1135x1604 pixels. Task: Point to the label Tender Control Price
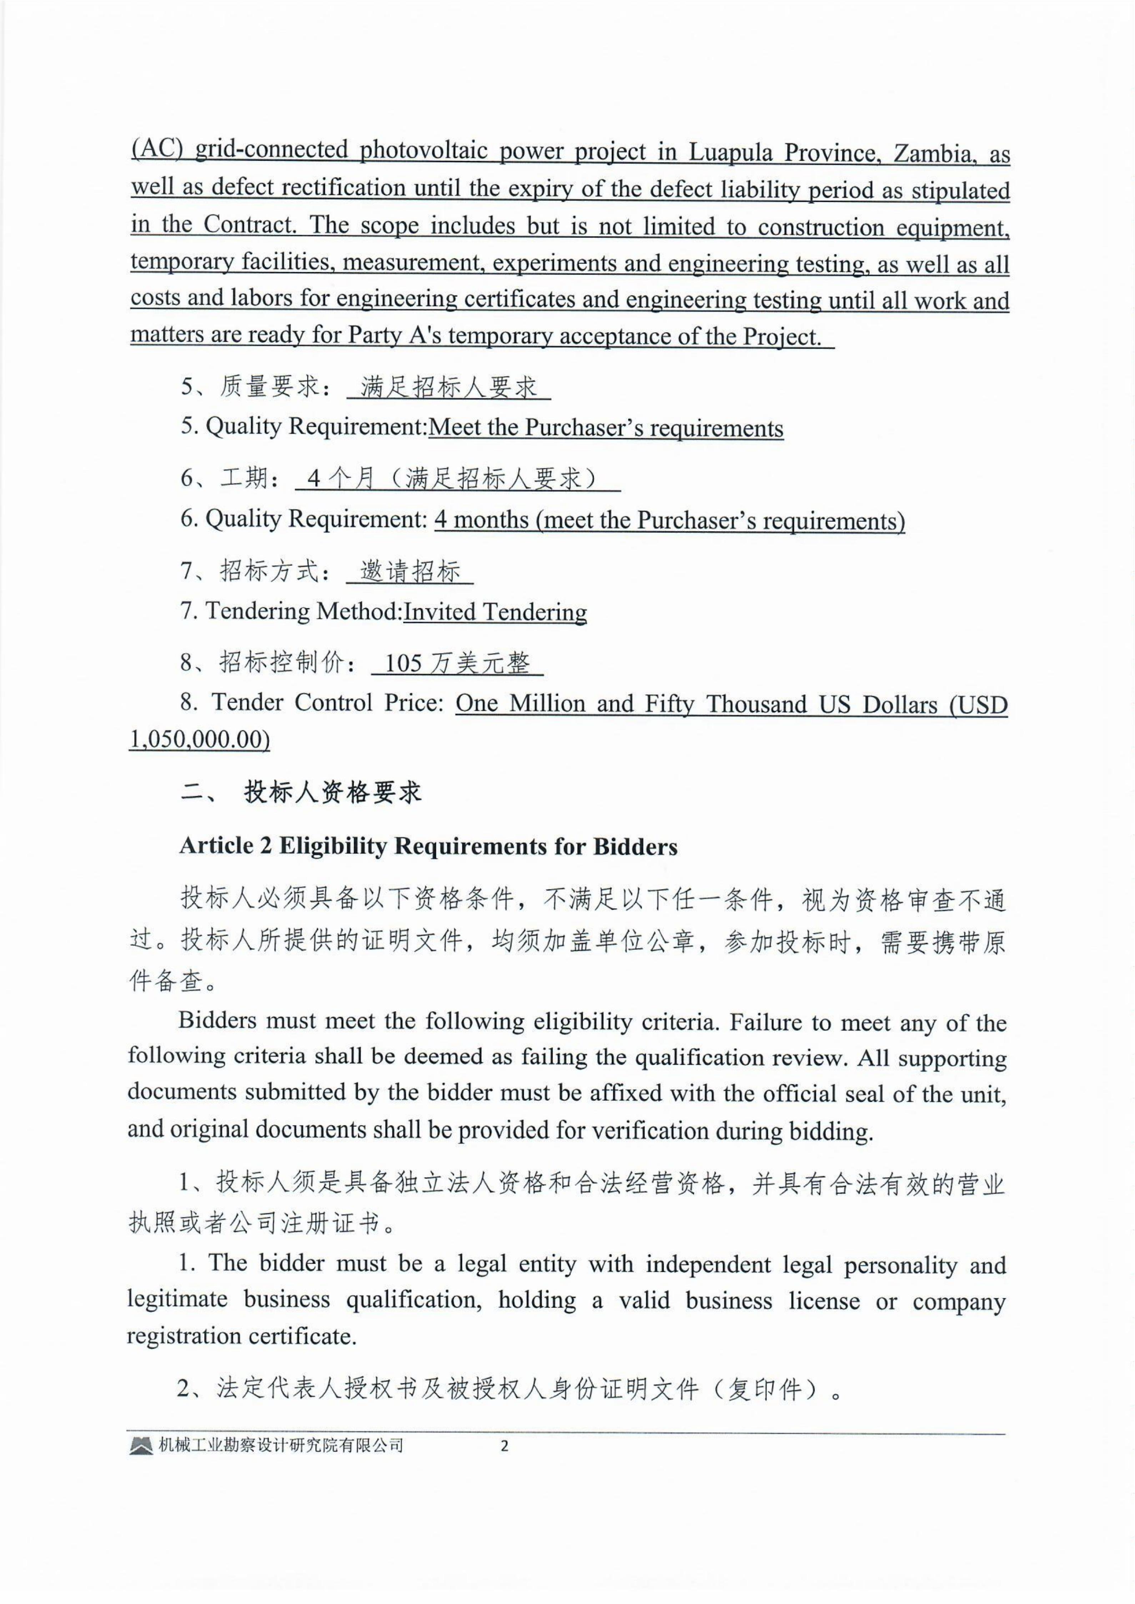[328, 703]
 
